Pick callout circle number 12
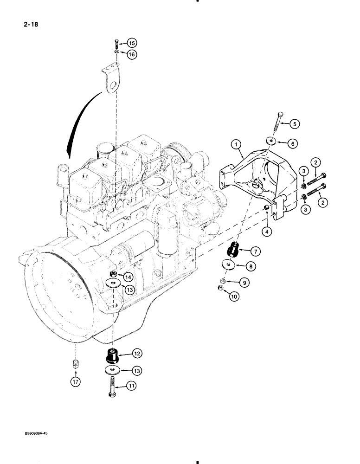(x=136, y=354)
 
